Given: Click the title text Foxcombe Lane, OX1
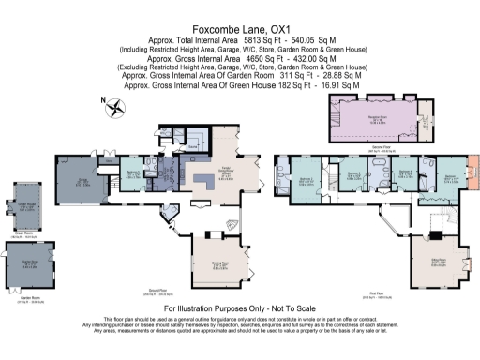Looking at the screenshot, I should (x=240, y=29).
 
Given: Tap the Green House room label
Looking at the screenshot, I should (x=22, y=207).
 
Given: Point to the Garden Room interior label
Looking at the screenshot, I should (x=28, y=263).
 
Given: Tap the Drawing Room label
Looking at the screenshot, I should (x=217, y=262).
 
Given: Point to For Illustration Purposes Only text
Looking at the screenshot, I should (x=240, y=307).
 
